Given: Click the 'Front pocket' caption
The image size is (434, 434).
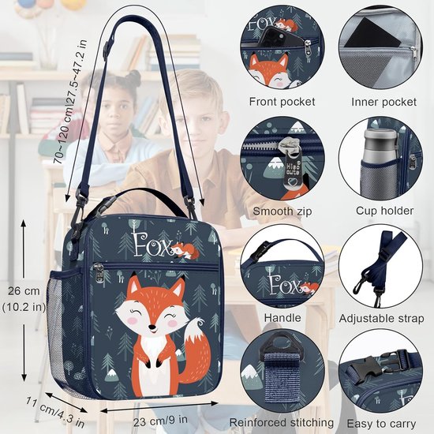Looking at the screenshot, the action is [282, 102].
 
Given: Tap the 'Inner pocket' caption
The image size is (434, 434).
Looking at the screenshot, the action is [383, 102].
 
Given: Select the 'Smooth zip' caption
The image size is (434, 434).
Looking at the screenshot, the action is [282, 211].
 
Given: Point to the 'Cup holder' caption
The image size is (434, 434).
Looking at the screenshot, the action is [384, 211].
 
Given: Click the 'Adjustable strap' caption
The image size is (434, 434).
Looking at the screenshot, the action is [381, 318].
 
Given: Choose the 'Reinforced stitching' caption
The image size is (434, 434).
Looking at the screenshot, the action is [282, 423].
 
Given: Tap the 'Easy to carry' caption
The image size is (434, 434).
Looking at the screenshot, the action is [381, 424].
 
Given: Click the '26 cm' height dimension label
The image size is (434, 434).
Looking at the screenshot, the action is [24, 291].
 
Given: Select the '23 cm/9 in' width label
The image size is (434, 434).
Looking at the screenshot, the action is [160, 421].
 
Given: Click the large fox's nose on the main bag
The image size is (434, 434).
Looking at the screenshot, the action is [152, 327].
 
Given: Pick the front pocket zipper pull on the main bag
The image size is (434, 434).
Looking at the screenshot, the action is [99, 273].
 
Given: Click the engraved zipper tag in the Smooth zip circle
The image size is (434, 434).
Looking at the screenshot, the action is [292, 166].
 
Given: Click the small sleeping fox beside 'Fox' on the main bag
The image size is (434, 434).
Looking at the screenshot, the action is [185, 251].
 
